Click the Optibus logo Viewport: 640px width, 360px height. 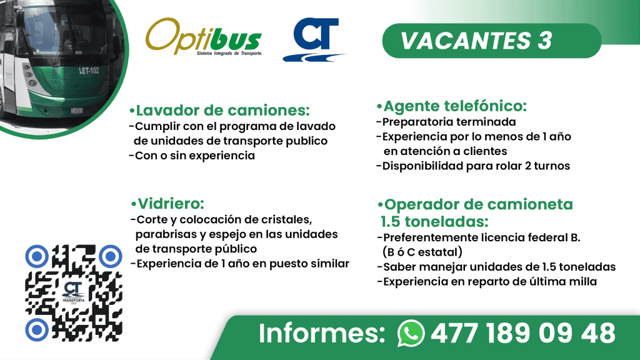(203, 38)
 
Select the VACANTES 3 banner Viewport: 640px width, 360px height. (476, 41)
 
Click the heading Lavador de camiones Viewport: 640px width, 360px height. (219, 111)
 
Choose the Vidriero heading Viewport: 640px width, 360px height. (167, 204)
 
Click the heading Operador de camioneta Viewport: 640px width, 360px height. (475, 204)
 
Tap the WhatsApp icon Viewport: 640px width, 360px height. (411, 332)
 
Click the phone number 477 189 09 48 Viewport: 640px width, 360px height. (522, 332)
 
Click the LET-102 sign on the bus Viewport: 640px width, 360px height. (89, 70)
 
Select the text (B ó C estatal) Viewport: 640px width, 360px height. (422, 252)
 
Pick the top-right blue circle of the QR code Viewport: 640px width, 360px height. (110, 256)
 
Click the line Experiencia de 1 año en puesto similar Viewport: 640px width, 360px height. (239, 263)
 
